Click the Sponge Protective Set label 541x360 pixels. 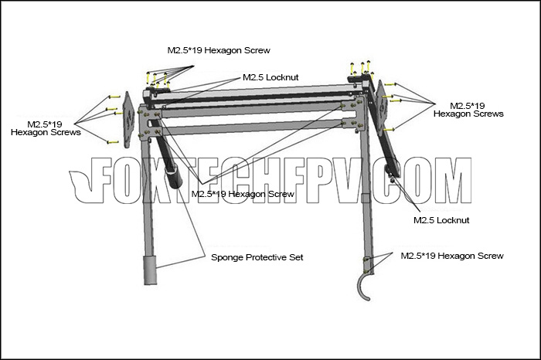pyautogui.click(x=257, y=257)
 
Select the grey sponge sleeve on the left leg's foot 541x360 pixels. pyautogui.click(x=150, y=270)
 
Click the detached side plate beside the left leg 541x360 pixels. pyautogui.click(x=128, y=120)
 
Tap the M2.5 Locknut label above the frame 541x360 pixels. pyautogui.click(x=270, y=77)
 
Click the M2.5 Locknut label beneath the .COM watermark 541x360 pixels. pyautogui.click(x=441, y=220)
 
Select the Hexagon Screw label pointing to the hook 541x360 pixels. pyautogui.click(x=452, y=256)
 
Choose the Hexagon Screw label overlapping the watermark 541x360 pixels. pyautogui.click(x=243, y=194)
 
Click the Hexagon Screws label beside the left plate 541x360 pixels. pyautogui.click(x=46, y=128)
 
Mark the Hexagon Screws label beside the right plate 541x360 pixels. pyautogui.click(x=468, y=110)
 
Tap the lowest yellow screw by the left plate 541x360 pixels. pyautogui.click(x=113, y=142)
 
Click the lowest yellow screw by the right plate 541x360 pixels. pyautogui.click(x=389, y=130)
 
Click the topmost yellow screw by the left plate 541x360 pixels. pyautogui.click(x=114, y=97)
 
